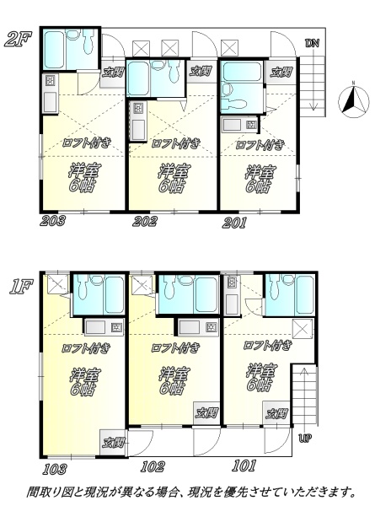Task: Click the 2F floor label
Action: (19, 39)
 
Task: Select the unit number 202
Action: (145, 221)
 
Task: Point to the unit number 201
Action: (234, 223)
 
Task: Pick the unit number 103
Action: (55, 469)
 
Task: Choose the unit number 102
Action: (153, 466)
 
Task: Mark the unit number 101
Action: (244, 466)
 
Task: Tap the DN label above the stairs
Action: (312, 43)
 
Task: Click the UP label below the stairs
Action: (305, 439)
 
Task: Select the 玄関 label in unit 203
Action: (113, 73)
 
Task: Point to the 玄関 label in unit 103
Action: (113, 442)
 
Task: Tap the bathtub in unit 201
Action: (242, 72)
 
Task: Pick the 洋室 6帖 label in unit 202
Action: (174, 179)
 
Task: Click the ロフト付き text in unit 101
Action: (268, 346)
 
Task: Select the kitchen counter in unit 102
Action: (197, 327)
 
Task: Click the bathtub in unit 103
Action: (114, 294)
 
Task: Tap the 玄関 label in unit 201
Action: (281, 73)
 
